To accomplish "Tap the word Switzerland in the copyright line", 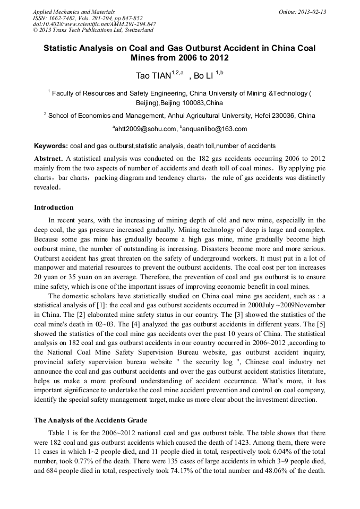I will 133,30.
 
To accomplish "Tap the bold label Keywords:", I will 51,146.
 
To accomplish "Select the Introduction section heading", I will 54,207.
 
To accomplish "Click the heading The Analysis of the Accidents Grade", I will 90,420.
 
